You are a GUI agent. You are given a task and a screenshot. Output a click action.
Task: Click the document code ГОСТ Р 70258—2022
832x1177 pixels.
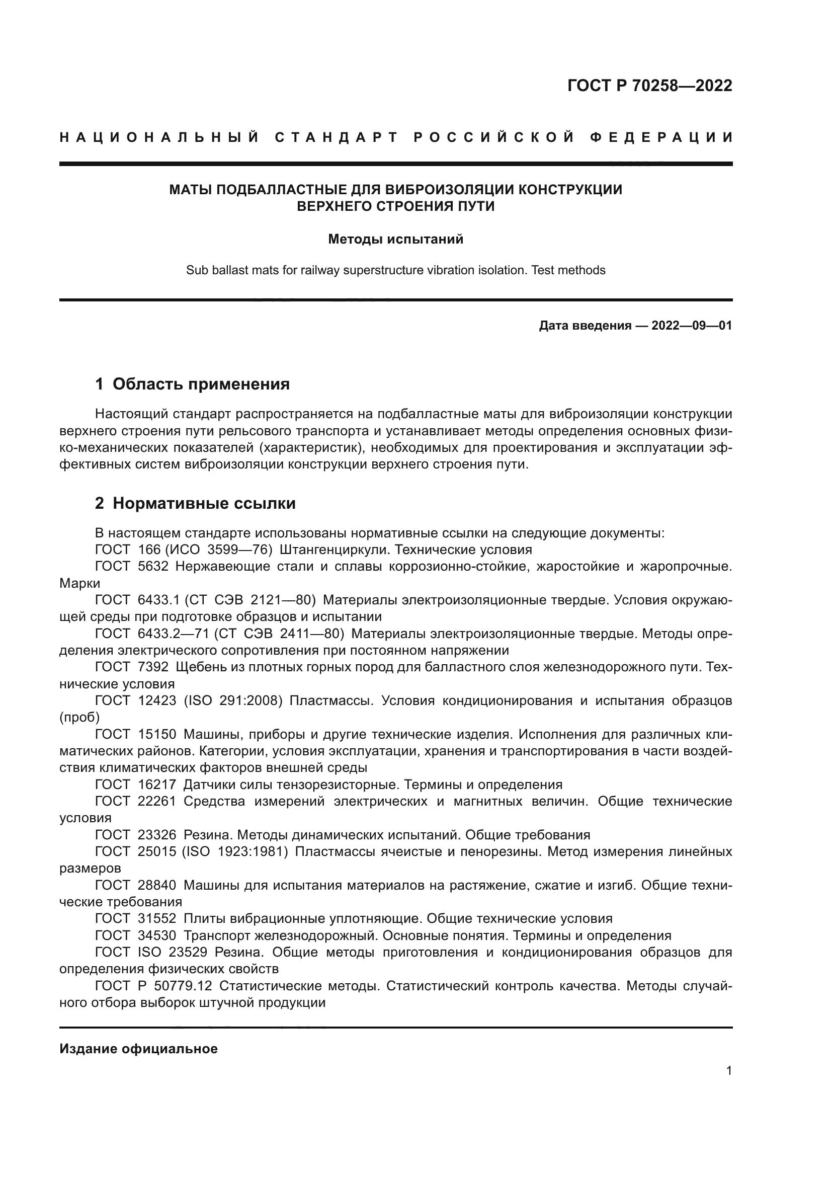(649, 86)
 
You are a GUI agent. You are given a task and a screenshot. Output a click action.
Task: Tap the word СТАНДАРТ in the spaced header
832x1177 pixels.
(337, 137)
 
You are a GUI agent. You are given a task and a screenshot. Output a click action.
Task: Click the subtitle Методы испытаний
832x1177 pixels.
(395, 240)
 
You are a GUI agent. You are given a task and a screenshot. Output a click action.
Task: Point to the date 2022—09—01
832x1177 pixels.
(691, 326)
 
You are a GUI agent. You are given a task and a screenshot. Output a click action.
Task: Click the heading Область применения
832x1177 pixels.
(201, 384)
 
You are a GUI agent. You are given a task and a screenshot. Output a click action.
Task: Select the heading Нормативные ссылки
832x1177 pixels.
(204, 503)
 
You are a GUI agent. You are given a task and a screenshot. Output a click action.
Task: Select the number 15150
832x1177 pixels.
(157, 734)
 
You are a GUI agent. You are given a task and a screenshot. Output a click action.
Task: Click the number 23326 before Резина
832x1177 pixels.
(157, 835)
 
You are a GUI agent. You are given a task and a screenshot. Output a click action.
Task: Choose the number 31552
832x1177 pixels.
(157, 919)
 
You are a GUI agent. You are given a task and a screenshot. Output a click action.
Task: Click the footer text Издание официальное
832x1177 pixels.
(138, 1049)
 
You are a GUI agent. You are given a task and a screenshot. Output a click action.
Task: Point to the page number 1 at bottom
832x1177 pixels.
(729, 1071)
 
